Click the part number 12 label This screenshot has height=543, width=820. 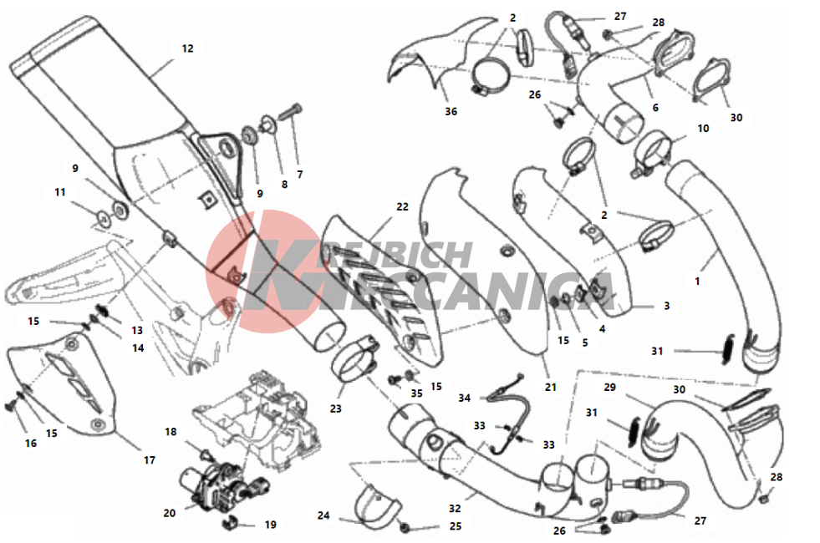[x=187, y=48]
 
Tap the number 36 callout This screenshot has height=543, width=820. [x=451, y=111]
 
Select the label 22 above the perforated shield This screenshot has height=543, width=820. [x=402, y=206]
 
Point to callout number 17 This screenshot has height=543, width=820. [x=150, y=460]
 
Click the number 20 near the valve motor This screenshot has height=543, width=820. [x=170, y=513]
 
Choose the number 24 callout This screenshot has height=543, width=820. [x=323, y=515]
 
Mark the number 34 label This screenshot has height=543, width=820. [x=465, y=398]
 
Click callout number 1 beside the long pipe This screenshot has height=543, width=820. [x=697, y=282]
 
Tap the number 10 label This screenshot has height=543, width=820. [x=703, y=128]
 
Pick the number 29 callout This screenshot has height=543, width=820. [x=609, y=388]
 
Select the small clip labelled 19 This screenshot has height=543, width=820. [x=231, y=522]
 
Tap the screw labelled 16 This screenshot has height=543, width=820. [x=10, y=406]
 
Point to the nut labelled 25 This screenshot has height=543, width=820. [x=405, y=528]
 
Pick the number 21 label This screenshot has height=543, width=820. [x=550, y=388]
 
